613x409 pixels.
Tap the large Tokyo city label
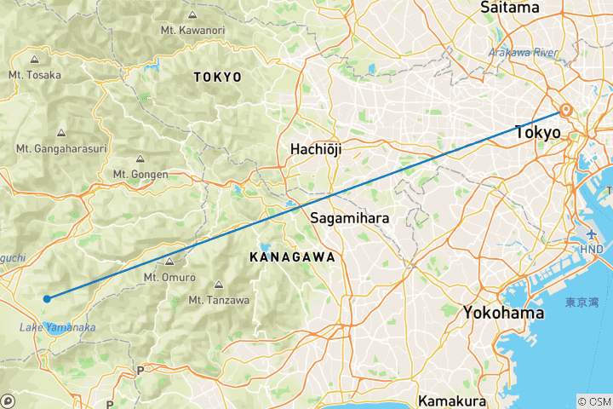click(x=537, y=133)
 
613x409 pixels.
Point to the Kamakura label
click(x=451, y=400)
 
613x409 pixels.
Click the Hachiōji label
click(x=316, y=148)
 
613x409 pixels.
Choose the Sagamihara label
click(x=350, y=217)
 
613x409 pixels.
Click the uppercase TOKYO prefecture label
click(x=218, y=77)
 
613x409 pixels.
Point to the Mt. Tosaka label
click(x=34, y=74)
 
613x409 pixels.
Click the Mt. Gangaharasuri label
click(x=61, y=148)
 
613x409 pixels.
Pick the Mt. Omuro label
click(x=169, y=277)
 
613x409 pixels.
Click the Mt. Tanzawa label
click(x=218, y=299)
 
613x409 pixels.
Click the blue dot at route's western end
click(x=48, y=298)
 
